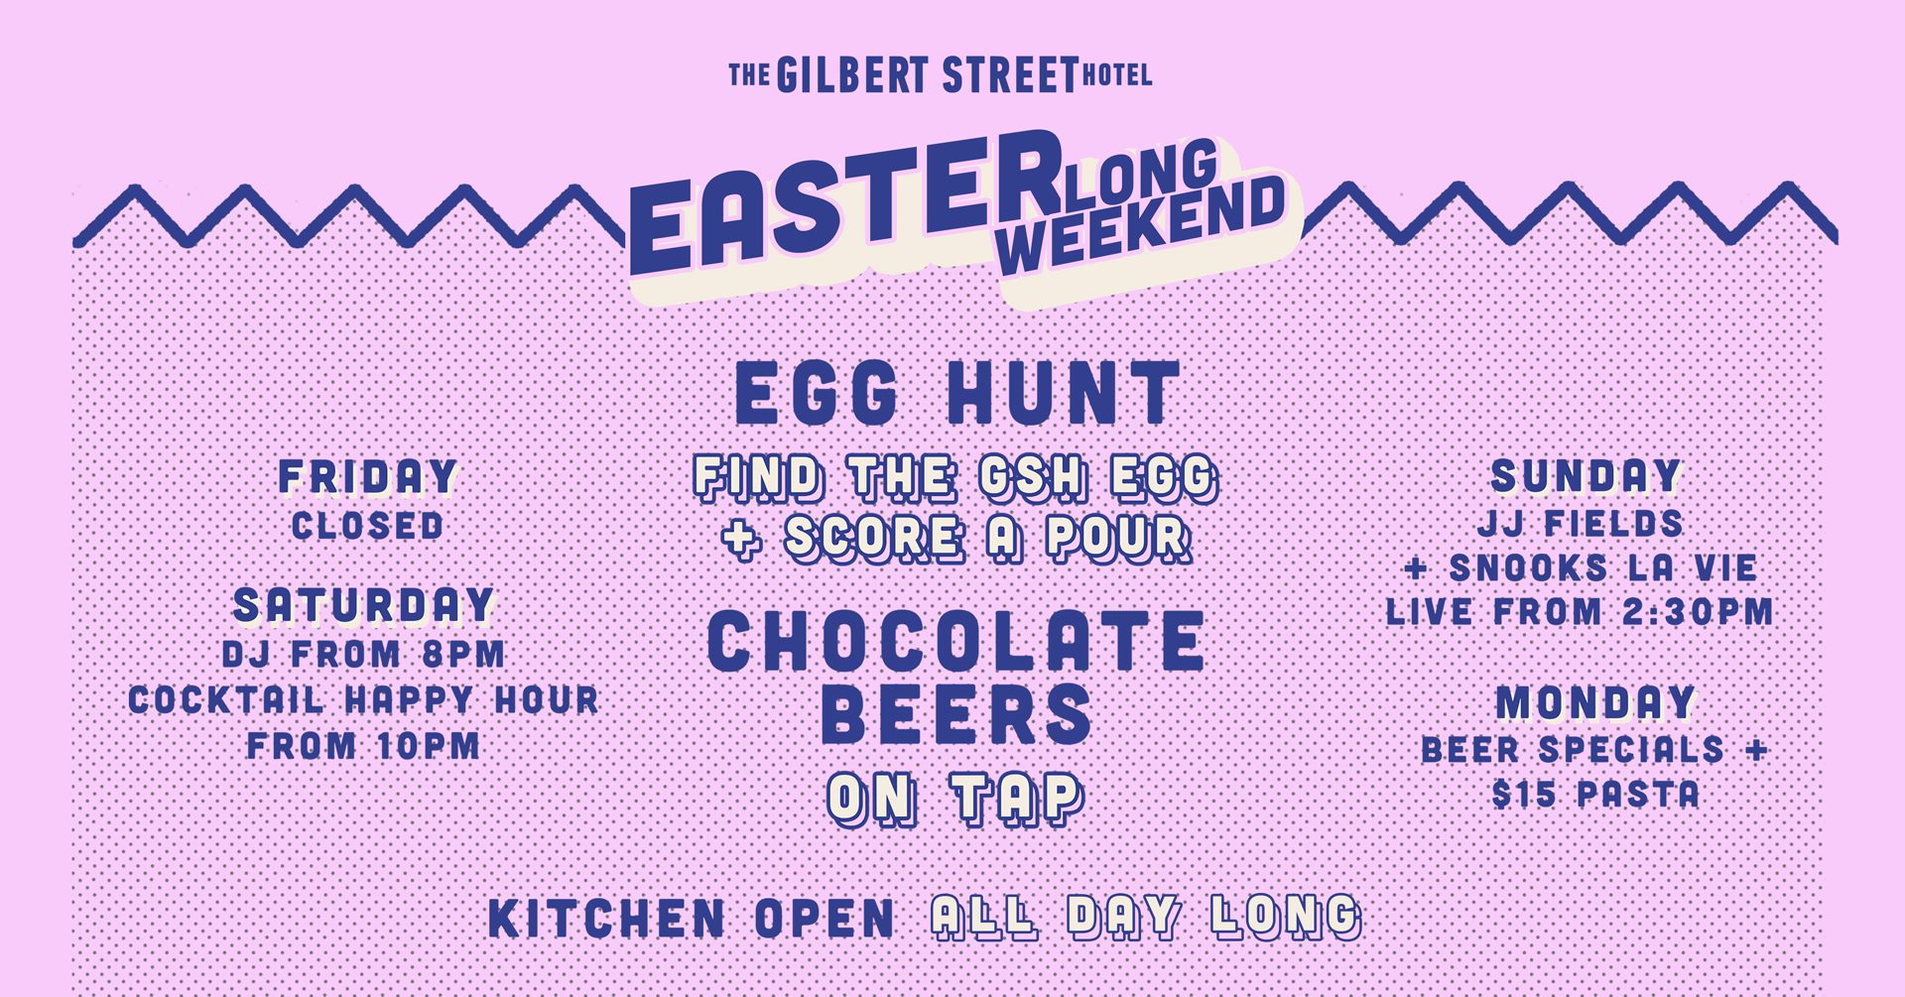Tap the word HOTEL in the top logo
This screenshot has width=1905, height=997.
point(1116,74)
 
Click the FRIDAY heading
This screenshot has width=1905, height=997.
point(368,477)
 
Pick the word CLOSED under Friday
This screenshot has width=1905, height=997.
point(367,526)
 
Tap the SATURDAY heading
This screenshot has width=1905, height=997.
point(364,606)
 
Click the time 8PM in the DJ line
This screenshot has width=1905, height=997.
point(463,655)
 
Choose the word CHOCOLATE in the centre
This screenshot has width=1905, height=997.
point(956,641)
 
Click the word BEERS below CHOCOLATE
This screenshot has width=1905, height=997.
point(956,713)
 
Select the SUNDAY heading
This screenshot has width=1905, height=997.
point(1586,476)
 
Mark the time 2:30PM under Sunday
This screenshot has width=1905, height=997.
point(1698,611)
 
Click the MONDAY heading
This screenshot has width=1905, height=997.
point(1595,703)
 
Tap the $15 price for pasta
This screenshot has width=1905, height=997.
point(1525,794)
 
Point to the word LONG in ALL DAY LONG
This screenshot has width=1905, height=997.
point(1286,917)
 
